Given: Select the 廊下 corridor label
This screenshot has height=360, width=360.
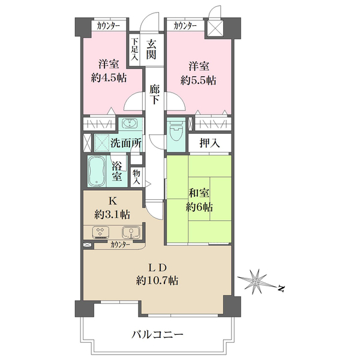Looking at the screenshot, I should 154,95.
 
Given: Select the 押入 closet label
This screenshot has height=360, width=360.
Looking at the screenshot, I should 209,144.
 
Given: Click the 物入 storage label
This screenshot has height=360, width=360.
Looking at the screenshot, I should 136,176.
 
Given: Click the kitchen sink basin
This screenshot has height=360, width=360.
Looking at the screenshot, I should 131,232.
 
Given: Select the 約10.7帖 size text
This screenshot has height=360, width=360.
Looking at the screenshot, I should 157,280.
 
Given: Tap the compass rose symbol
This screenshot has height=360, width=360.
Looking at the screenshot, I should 256,279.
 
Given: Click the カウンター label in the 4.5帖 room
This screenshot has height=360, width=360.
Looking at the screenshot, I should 109,26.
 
